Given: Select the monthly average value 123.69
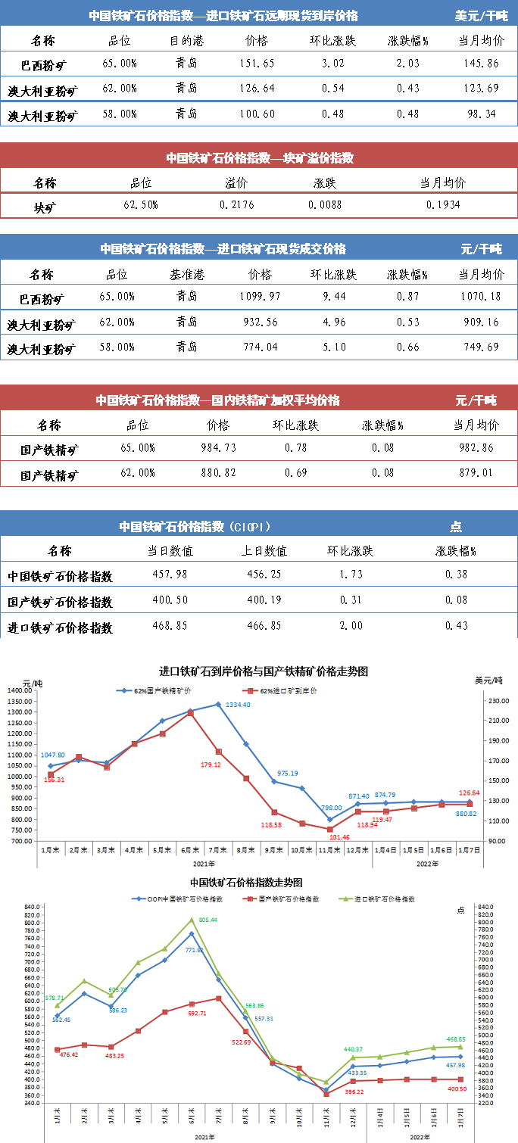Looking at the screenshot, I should pyautogui.click(x=482, y=89).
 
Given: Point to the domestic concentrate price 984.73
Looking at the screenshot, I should pyautogui.click(x=220, y=448).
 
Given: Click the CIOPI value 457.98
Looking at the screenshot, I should pyautogui.click(x=171, y=575).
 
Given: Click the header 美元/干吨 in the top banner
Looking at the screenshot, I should pyautogui.click(x=481, y=15).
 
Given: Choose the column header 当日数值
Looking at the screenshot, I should pyautogui.click(x=171, y=551).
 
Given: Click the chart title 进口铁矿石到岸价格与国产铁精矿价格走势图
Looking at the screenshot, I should pyautogui.click(x=264, y=671).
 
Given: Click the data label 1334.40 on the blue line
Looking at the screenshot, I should pyautogui.click(x=238, y=705).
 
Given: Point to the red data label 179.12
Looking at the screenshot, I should pyautogui.click(x=211, y=765).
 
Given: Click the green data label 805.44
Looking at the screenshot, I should pyautogui.click(x=208, y=920).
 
